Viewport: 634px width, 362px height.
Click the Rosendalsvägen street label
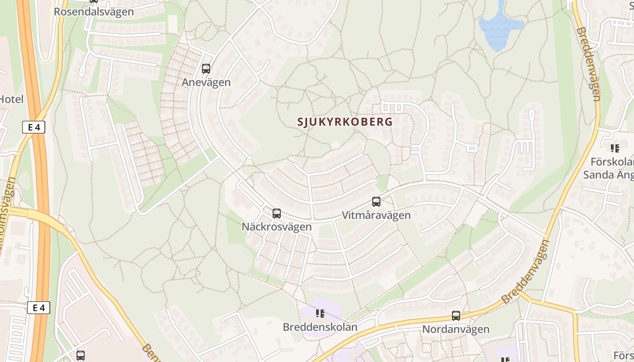point(94,12)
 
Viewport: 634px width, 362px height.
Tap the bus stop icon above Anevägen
point(206,69)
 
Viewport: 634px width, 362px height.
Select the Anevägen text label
point(206,82)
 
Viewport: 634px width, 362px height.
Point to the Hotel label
point(11,99)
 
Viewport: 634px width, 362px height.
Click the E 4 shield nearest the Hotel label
point(34,127)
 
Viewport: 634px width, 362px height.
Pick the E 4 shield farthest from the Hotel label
point(38,308)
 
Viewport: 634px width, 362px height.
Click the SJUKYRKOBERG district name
point(345,122)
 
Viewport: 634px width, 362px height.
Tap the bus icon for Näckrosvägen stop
point(277,214)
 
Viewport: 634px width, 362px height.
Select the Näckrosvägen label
point(277,227)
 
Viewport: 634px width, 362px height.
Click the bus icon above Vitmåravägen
point(376,202)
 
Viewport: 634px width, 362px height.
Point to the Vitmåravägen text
point(376,215)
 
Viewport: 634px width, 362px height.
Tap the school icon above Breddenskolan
point(320,313)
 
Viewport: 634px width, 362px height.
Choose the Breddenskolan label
point(320,327)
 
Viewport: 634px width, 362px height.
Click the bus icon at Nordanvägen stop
point(456,316)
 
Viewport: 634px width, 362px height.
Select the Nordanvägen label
point(456,329)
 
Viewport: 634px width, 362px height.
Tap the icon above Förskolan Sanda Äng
point(615,148)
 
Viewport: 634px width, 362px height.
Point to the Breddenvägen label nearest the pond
point(589,64)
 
